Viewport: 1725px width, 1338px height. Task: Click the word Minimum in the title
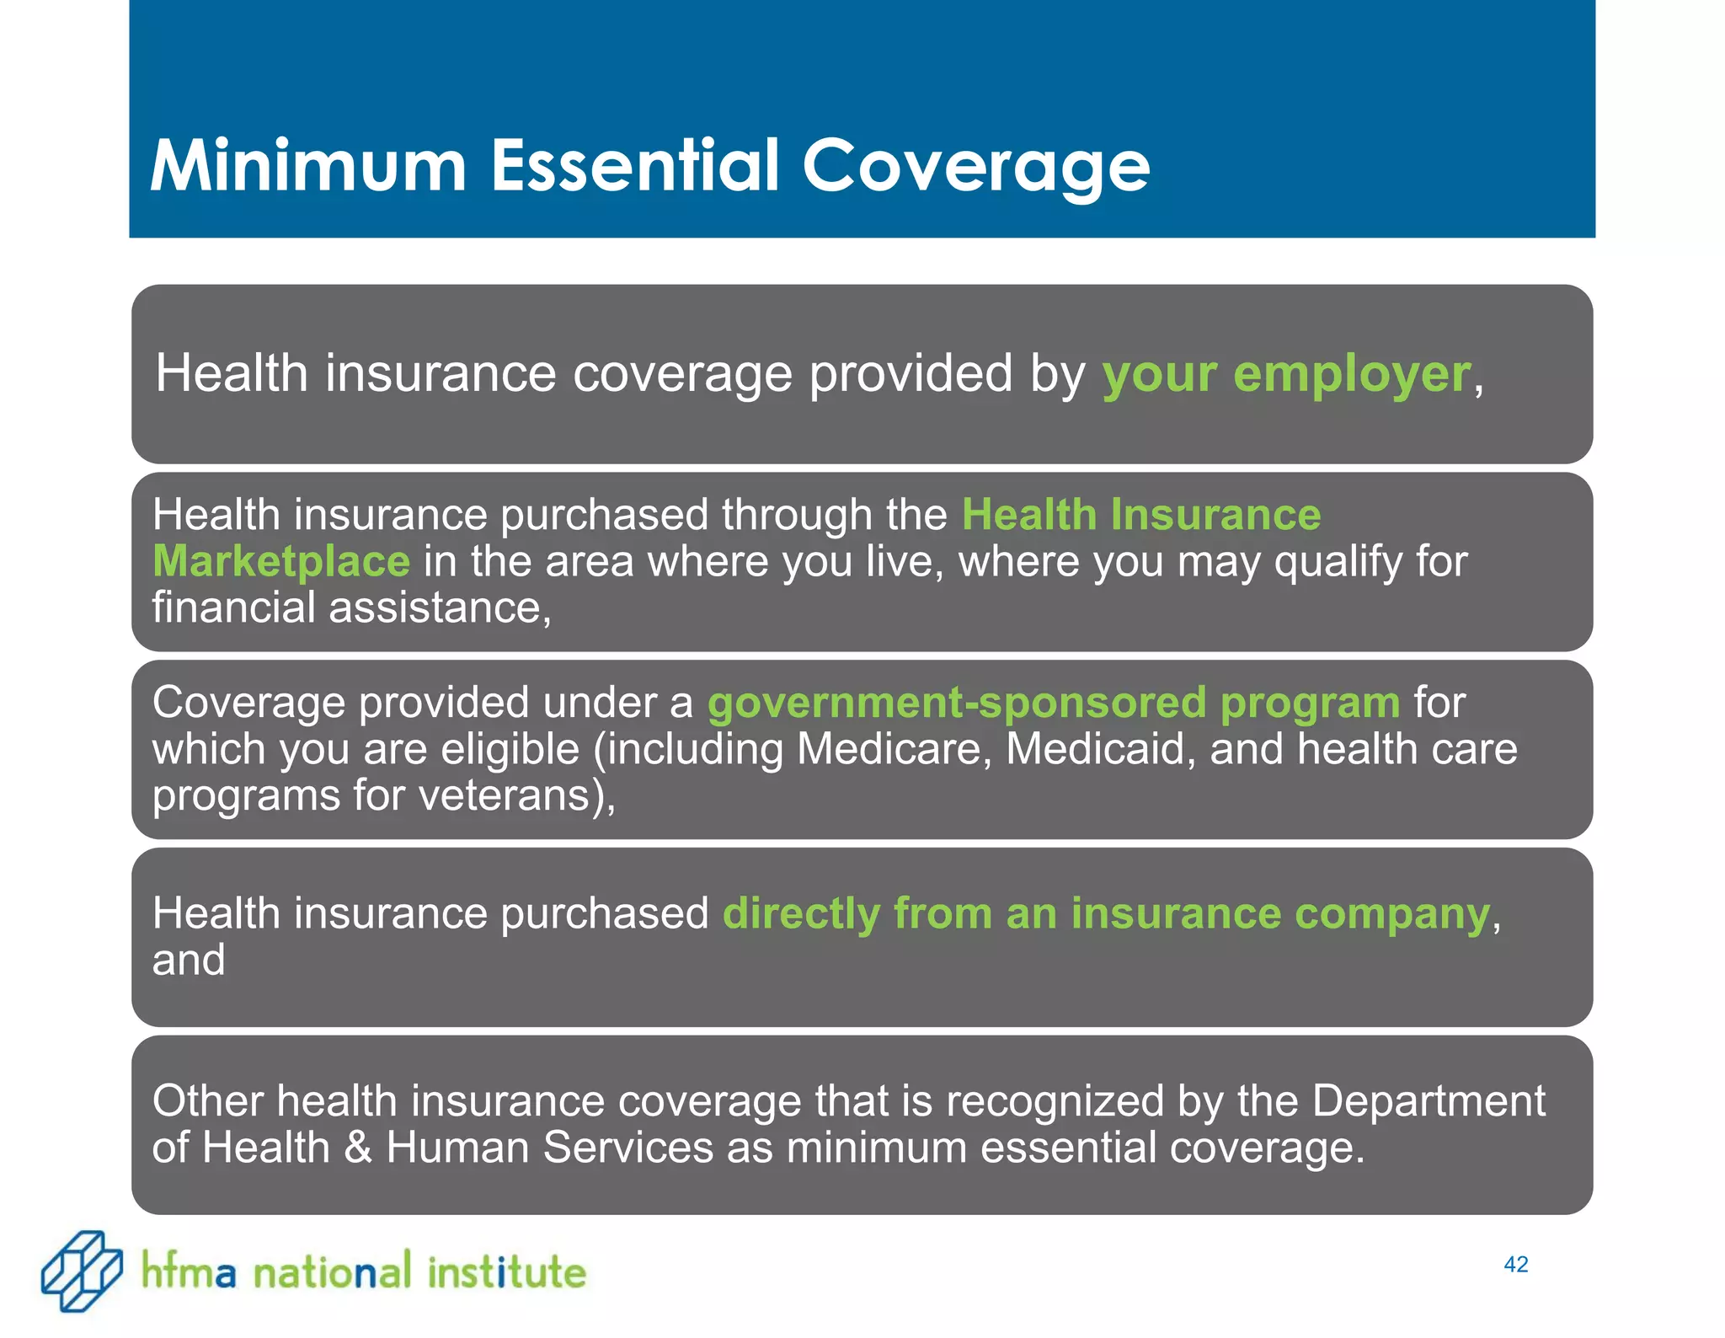click(x=307, y=166)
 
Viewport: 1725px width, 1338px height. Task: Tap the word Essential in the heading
click(x=635, y=166)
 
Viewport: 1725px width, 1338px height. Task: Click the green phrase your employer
click(x=1286, y=374)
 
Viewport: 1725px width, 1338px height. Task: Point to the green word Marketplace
click(x=281, y=562)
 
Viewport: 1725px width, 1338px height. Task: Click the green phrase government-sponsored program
click(x=1053, y=703)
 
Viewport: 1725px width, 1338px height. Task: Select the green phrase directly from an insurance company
click(x=1106, y=914)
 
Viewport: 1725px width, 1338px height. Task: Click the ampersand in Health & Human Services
click(x=358, y=1148)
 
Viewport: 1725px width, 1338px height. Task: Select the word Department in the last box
click(x=1429, y=1101)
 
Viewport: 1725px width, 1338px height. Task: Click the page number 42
click(x=1515, y=1265)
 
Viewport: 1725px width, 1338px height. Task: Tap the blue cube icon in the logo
click(x=81, y=1271)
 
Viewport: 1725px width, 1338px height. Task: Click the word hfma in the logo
click(x=189, y=1271)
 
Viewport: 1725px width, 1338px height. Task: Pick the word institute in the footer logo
click(x=506, y=1271)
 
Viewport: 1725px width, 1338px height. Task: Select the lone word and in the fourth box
click(x=189, y=961)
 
